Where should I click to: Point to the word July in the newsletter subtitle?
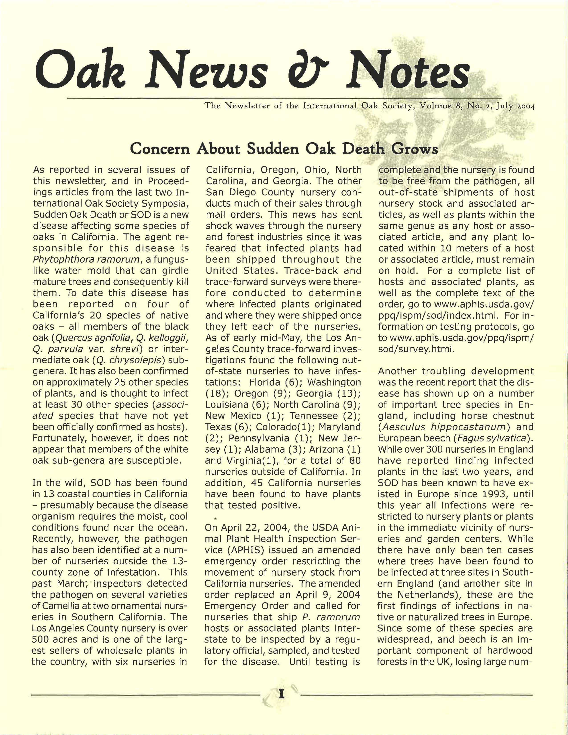click(504, 106)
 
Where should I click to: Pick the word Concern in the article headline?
click(161, 148)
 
